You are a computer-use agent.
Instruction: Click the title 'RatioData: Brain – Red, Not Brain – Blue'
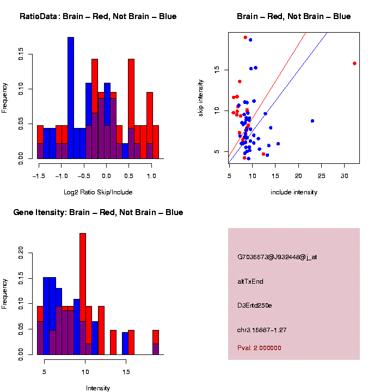[x=98, y=17]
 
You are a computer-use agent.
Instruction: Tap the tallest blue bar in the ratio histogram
[x=71, y=98]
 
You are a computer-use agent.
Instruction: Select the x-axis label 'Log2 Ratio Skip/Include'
[x=97, y=192]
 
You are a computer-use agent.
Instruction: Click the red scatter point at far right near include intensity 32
[x=354, y=63]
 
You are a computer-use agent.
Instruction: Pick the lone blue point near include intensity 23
[x=313, y=121]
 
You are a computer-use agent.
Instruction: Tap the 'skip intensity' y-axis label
[x=201, y=97]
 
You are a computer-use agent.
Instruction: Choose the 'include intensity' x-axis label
[x=293, y=192]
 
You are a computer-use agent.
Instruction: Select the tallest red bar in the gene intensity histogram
[x=83, y=294]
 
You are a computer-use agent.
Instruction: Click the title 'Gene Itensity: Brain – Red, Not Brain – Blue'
[x=98, y=212]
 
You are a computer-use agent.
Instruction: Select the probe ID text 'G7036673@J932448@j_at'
[x=277, y=257]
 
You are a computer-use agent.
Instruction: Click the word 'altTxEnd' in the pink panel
[x=250, y=281]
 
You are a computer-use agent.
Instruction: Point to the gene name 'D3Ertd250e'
[x=255, y=305]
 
